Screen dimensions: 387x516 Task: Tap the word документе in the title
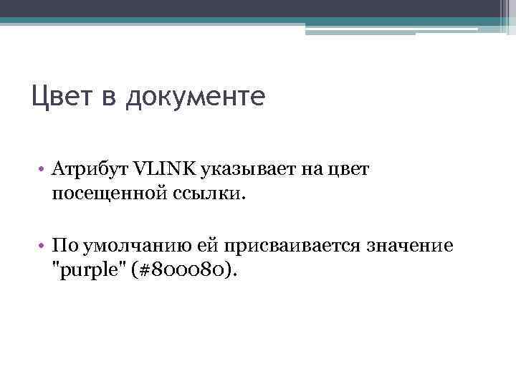click(195, 96)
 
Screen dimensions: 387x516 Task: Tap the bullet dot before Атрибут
click(44, 169)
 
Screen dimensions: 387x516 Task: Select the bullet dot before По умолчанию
click(44, 247)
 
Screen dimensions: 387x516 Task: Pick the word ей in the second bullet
click(209, 246)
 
